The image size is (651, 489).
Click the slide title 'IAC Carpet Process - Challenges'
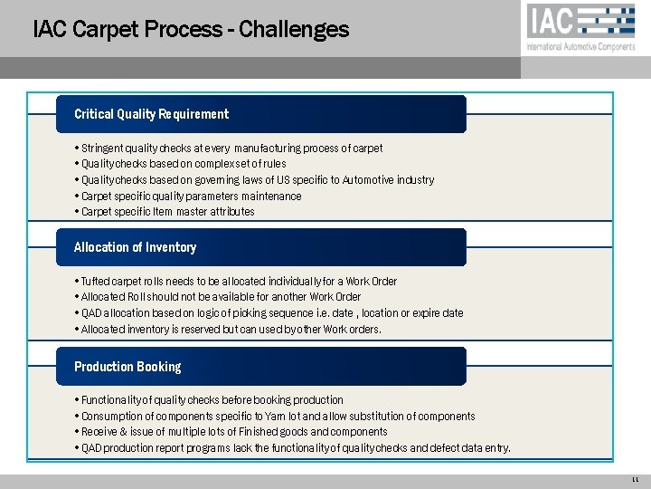(190, 29)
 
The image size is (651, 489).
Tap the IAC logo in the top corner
(580, 21)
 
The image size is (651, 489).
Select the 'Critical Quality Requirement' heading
(151, 114)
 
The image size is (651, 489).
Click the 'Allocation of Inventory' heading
(135, 247)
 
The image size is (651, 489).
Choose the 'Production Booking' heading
(127, 367)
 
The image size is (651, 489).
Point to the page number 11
(636, 479)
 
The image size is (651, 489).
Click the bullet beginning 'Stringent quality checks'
(231, 148)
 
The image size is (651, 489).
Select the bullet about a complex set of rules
(183, 164)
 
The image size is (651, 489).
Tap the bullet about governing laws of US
(257, 180)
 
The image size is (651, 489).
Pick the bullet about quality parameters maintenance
(191, 196)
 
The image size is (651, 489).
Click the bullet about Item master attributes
(167, 212)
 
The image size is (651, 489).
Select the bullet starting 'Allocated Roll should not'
(221, 297)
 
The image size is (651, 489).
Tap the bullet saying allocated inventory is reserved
(231, 330)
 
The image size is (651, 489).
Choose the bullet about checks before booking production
(212, 400)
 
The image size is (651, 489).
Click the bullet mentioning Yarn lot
(278, 417)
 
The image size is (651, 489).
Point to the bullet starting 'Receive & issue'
(233, 432)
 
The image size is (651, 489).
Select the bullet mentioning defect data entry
(295, 448)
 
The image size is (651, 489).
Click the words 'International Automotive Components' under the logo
(580, 47)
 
